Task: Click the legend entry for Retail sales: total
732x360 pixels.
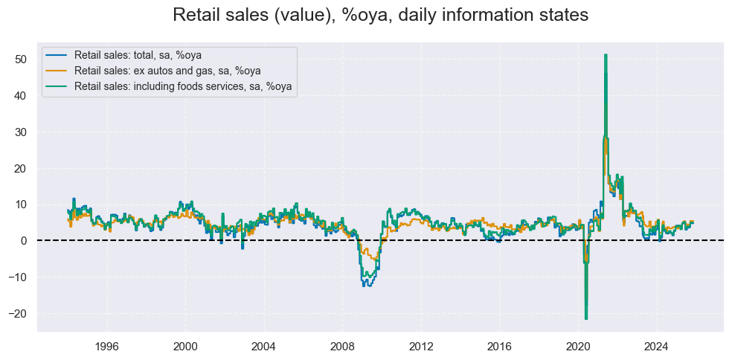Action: (x=138, y=56)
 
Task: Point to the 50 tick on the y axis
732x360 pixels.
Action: (x=22, y=60)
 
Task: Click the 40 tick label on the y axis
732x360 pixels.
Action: (x=22, y=96)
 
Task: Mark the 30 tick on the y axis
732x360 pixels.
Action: (x=22, y=132)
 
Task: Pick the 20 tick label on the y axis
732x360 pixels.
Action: (x=22, y=168)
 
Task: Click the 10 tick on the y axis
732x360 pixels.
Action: (x=22, y=205)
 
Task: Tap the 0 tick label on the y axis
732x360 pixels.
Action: (x=25, y=241)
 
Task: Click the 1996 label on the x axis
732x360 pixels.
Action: (x=107, y=344)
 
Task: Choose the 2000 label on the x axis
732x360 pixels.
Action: (x=185, y=344)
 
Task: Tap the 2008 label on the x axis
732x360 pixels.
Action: (x=342, y=344)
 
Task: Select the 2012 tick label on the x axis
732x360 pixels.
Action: (x=421, y=344)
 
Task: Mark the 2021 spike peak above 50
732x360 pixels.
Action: (x=606, y=55)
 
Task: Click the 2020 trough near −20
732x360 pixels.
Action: (x=586, y=318)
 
